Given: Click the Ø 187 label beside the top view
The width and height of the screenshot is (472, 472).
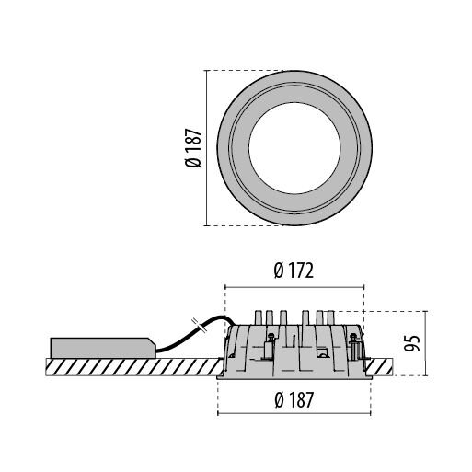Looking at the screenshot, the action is [193, 148].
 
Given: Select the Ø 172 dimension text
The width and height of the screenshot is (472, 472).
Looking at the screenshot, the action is [294, 271].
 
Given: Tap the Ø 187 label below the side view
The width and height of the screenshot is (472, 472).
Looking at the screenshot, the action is [294, 400].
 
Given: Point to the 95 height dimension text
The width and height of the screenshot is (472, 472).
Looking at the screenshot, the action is [411, 343].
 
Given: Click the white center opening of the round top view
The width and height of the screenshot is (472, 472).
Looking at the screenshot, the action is [294, 148].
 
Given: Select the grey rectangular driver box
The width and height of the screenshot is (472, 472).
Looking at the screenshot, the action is [103, 348].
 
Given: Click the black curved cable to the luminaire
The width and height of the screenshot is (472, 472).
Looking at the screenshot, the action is [196, 333].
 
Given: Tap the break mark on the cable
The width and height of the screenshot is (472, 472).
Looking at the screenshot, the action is [198, 325].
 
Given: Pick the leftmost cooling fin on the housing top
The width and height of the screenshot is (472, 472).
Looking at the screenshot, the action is [259, 318].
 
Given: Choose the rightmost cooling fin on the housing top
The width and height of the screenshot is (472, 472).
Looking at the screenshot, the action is [330, 318].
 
